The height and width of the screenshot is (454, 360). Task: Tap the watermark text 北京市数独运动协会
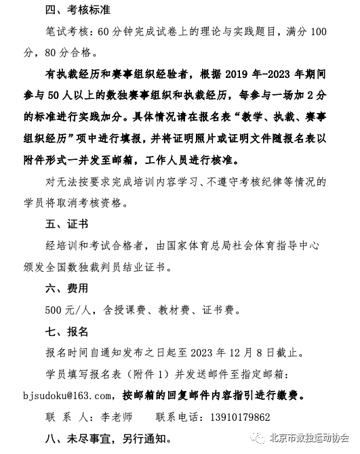tap(308, 437)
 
